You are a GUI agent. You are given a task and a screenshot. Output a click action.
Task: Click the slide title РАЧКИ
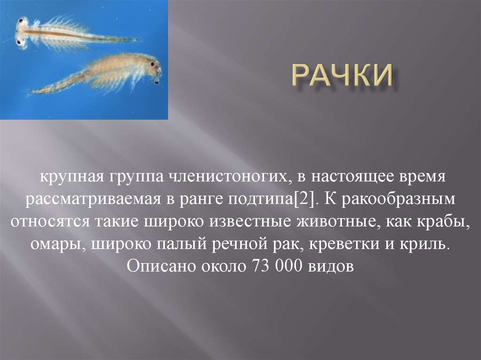342,77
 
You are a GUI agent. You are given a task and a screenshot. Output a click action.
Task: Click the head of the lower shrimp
153,66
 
